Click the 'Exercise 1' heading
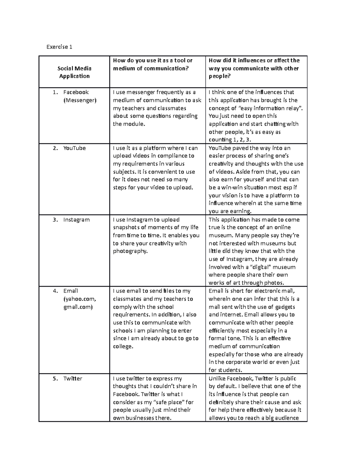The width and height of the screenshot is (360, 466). coord(59,47)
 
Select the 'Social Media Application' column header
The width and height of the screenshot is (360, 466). coord(74,72)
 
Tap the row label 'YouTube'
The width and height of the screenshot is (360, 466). coord(74,148)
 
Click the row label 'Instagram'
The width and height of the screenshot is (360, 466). coord(76,220)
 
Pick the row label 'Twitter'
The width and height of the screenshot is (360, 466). coord(73,379)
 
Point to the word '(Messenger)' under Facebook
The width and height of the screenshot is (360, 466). coord(80,100)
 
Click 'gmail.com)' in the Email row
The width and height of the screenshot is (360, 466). coord(78,307)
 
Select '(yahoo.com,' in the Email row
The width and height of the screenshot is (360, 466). coord(80,299)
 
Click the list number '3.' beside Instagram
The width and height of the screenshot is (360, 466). coord(55,220)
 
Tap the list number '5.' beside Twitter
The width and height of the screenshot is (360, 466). coord(55,379)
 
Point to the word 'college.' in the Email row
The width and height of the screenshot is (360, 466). coord(123,347)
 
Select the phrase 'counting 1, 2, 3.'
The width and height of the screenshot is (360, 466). coord(230,140)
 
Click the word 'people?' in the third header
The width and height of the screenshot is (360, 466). coord(220,76)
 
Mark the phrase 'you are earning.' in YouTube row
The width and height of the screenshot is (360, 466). coord(230,211)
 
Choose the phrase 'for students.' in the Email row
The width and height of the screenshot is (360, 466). coord(225,370)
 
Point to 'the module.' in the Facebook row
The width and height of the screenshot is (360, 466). coord(129,124)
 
